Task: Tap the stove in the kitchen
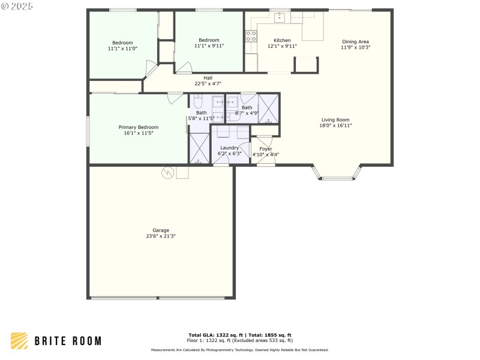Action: coord(251,36)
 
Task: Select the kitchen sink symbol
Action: coord(280,17)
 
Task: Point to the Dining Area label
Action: coord(356,41)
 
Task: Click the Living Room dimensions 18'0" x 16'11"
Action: coord(335,125)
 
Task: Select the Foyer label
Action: coord(265,149)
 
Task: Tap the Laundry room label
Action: coord(229,148)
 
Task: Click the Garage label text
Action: coord(160,230)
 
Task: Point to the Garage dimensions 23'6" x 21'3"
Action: coord(160,236)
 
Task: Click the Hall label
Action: coord(208,77)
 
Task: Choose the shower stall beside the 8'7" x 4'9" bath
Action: coord(268,109)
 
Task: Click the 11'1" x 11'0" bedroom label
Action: coord(122,43)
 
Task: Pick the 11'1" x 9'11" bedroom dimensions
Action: coord(209,46)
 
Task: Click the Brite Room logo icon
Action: coord(19,340)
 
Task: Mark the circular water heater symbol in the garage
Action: coord(167,173)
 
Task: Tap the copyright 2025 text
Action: coord(17,6)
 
